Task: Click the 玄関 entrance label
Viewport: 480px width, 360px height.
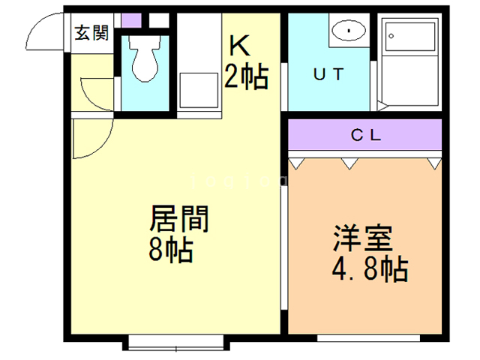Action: tap(91, 33)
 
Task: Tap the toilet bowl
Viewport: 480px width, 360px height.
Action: tap(146, 64)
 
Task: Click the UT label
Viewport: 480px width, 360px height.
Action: tap(328, 74)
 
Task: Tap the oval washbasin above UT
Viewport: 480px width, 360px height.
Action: tap(347, 31)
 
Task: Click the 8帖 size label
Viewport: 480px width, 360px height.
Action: tap(171, 250)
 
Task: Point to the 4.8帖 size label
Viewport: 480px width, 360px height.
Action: tap(370, 268)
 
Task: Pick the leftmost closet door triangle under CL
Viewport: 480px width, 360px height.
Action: tap(296, 160)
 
